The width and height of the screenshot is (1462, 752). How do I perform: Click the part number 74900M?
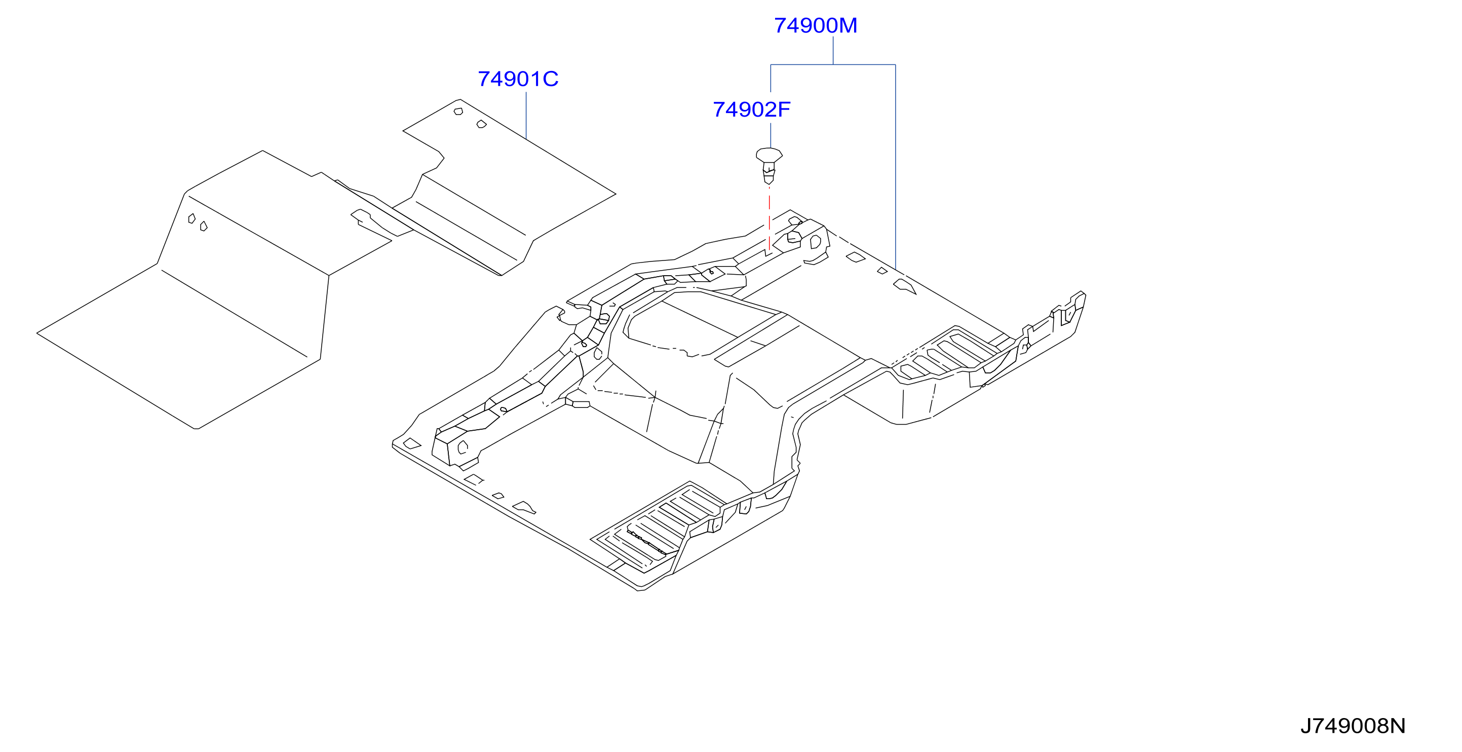[x=816, y=25]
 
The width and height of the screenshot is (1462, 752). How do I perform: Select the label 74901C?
[x=518, y=79]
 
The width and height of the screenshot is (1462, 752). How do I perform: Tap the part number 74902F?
[x=751, y=109]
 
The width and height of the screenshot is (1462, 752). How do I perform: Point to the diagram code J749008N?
[x=1353, y=726]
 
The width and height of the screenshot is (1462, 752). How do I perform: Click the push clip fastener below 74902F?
[x=769, y=166]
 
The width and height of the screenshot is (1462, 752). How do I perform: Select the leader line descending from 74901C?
[x=526, y=116]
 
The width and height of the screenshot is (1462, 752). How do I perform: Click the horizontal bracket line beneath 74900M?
[x=833, y=65]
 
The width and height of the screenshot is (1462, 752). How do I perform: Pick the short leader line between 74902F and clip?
[x=771, y=136]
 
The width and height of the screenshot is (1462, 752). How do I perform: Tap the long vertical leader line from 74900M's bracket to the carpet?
[x=896, y=167]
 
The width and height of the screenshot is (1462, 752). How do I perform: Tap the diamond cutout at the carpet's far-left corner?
[x=412, y=444]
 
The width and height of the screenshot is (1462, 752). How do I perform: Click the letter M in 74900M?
[x=848, y=25]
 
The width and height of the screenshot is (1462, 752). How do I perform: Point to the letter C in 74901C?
[x=551, y=79]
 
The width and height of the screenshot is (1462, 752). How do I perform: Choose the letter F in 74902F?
[x=784, y=109]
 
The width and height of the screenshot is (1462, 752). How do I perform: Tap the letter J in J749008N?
[x=1306, y=726]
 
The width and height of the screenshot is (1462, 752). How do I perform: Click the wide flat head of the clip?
[x=769, y=155]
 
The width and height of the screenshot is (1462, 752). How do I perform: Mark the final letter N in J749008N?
[x=1399, y=726]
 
